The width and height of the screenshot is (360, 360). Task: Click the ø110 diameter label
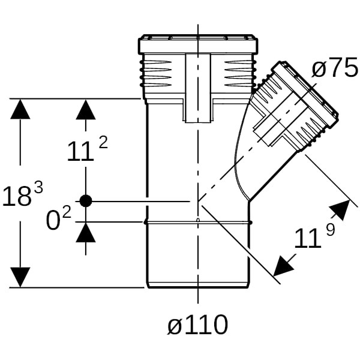(198, 326)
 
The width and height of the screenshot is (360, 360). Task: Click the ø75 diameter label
(334, 69)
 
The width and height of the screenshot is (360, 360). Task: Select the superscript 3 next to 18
(38, 187)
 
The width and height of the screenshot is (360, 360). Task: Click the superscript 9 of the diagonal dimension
(330, 229)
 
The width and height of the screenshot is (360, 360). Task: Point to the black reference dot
(86, 201)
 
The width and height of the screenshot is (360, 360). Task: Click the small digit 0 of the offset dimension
(54, 221)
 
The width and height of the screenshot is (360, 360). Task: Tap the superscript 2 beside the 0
(67, 212)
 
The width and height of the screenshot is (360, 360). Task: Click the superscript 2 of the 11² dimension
(103, 142)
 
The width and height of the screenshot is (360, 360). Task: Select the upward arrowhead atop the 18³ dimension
(20, 109)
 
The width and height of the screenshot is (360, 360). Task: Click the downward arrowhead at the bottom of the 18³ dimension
(20, 276)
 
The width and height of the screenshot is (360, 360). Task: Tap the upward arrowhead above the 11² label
(86, 109)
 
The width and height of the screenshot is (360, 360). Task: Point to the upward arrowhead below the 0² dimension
(86, 232)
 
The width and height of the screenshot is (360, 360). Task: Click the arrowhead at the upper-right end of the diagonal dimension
(340, 209)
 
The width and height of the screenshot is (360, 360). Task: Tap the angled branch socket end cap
(306, 90)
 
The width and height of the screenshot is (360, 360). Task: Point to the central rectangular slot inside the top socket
(197, 87)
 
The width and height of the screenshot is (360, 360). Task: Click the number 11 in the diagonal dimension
(307, 239)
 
